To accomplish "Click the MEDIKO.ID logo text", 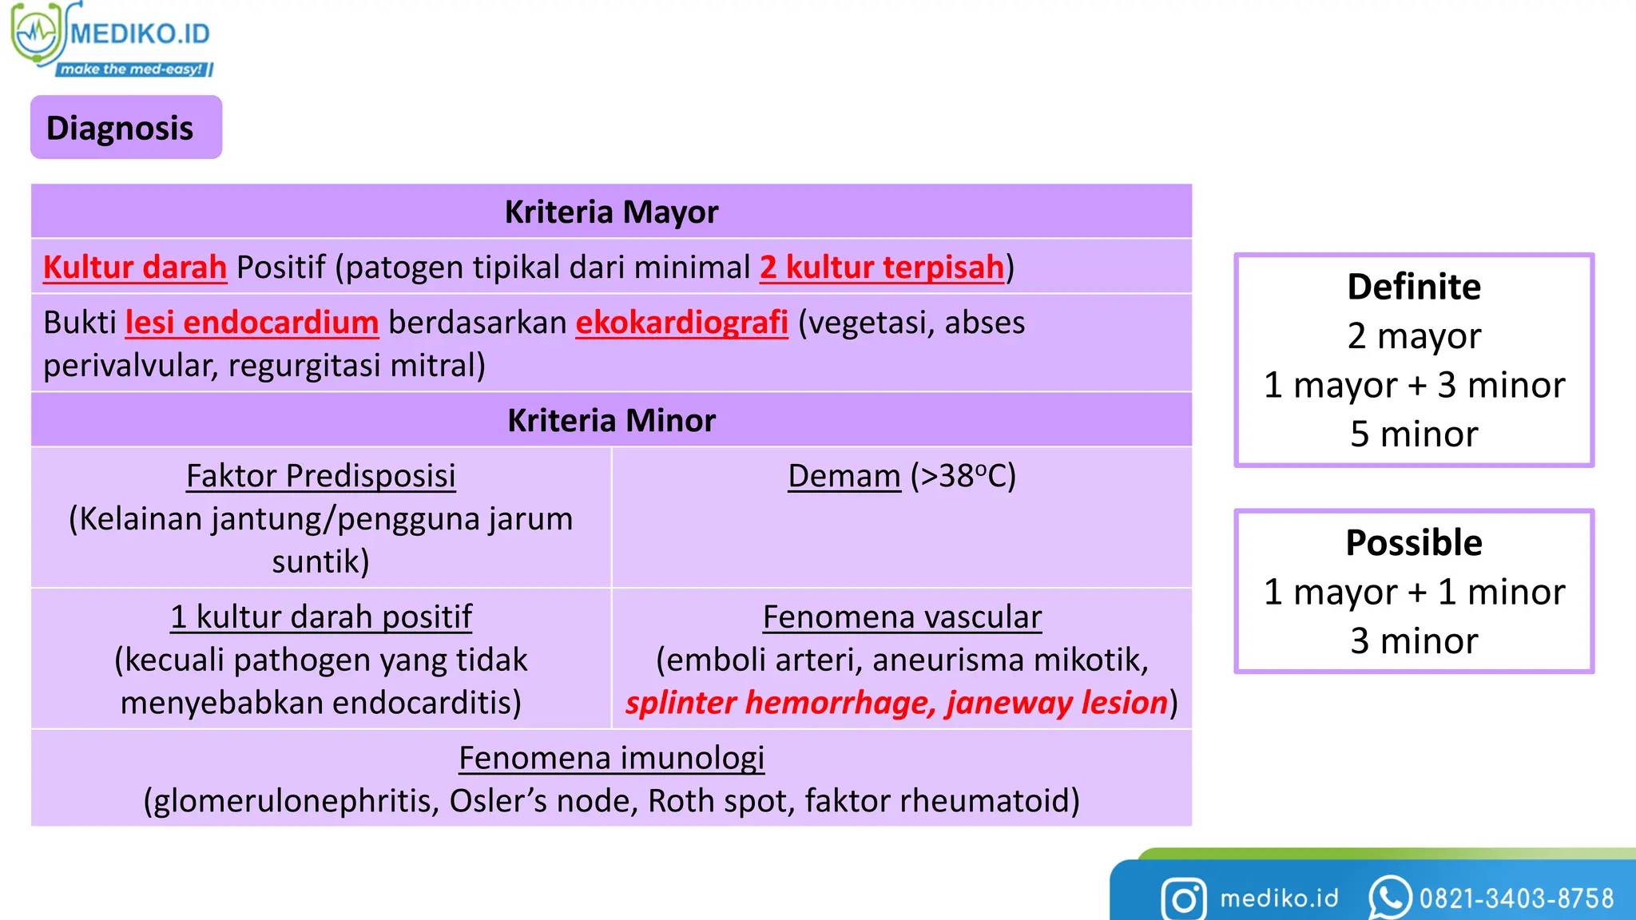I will (x=140, y=34).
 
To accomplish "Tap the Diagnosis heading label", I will (x=120, y=128).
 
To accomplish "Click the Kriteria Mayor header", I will (x=611, y=212).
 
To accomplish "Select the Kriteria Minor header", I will (x=611, y=421).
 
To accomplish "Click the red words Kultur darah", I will (x=135, y=268).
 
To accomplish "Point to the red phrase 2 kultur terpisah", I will (x=882, y=268).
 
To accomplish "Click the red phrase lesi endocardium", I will (x=252, y=323).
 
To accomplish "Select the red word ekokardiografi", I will (x=681, y=323).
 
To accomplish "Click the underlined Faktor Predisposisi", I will (x=320, y=476).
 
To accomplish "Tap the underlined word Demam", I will (x=844, y=476).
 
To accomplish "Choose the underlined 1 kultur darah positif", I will (x=320, y=617).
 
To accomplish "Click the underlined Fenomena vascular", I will (x=902, y=617).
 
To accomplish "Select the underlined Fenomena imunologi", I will (x=611, y=759).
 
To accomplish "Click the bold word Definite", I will (x=1413, y=287).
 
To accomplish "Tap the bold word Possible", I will (x=1413, y=543).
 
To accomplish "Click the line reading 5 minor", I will (x=1413, y=434).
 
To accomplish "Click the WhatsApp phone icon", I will (x=1389, y=898).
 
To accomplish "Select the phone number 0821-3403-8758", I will (x=1516, y=899).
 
